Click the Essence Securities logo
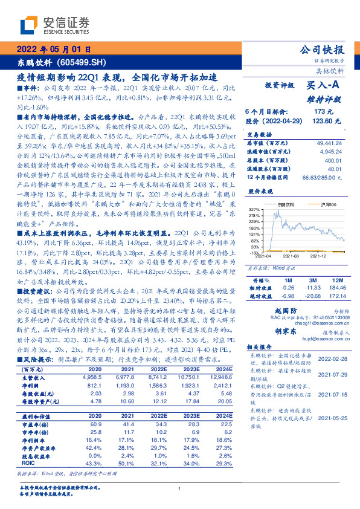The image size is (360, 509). point(55,25)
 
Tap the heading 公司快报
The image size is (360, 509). point(324,50)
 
